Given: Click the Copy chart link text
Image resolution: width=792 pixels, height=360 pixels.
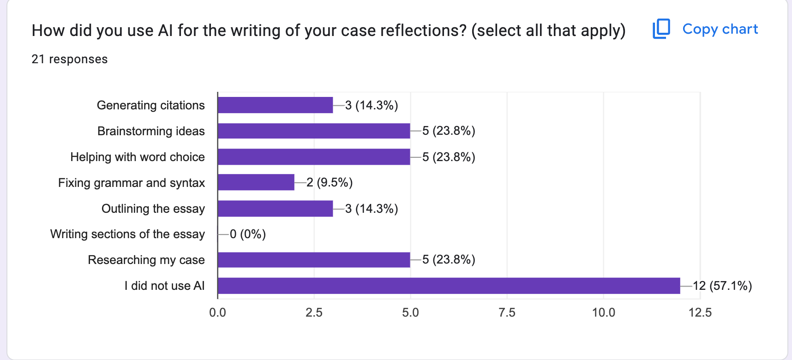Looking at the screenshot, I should [720, 29].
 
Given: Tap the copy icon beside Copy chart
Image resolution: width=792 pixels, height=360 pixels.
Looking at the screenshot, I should [661, 29].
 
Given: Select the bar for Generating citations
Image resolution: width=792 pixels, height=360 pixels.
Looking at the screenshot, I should [275, 105].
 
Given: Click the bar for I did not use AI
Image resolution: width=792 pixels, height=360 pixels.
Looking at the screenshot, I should [449, 286].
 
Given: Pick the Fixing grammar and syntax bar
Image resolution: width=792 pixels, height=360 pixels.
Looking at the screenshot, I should [256, 182].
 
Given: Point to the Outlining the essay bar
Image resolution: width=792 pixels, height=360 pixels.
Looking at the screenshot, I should [275, 209].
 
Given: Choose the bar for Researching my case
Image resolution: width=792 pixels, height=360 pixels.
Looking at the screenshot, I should [314, 260].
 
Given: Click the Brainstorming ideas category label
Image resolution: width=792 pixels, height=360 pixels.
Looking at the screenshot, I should [151, 131].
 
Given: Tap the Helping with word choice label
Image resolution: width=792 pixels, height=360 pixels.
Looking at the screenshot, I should [138, 157].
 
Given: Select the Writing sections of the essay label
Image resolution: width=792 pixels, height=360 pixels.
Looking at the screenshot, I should [127, 234].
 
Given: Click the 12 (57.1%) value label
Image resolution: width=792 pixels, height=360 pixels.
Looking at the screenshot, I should [722, 286].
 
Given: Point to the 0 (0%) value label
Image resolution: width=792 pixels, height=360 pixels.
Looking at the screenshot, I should [248, 234].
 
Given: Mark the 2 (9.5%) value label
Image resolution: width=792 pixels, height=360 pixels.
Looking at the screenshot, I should [330, 182].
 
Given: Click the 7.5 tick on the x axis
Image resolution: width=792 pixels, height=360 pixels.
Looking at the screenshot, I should [507, 312].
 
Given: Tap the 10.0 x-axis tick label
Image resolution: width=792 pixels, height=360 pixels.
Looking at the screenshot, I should [603, 312].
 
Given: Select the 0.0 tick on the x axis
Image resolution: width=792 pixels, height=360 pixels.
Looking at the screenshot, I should [217, 312].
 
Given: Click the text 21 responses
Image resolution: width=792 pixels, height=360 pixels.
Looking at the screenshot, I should [70, 59].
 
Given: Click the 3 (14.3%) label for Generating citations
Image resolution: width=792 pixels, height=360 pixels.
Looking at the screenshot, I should [372, 105].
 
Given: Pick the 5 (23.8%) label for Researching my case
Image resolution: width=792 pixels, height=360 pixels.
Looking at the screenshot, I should [449, 259].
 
